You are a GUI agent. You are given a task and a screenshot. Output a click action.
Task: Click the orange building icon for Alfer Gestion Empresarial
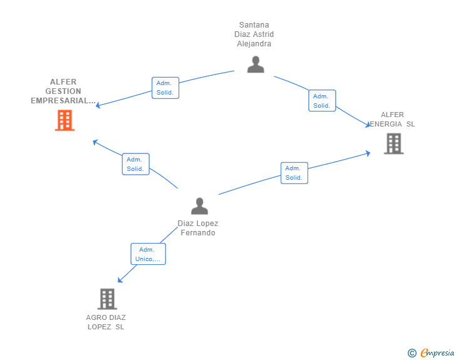(x=65, y=120)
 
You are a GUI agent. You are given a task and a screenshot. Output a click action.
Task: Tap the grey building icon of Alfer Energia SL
(x=393, y=143)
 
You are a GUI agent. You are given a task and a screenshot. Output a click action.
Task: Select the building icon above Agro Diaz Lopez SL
(x=107, y=299)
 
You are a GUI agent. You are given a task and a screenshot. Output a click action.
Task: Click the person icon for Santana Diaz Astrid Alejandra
(x=256, y=64)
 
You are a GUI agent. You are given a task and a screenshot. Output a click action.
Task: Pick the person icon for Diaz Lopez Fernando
(x=199, y=206)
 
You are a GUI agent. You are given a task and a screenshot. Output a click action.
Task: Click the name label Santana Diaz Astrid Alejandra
(x=254, y=34)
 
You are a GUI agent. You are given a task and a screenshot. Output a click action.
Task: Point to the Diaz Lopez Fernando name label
(x=198, y=228)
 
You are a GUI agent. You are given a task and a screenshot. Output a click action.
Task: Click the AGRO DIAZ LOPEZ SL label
(x=106, y=322)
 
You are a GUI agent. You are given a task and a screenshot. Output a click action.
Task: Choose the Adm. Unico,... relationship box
(x=148, y=254)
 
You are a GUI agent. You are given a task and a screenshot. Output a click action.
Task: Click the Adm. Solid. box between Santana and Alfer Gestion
(x=165, y=88)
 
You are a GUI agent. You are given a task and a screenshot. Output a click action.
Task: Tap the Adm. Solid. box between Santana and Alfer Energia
(x=322, y=101)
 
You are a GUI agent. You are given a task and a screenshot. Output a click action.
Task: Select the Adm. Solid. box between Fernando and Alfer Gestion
(x=135, y=164)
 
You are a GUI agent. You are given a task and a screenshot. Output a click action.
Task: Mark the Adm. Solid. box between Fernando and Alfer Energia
(x=294, y=173)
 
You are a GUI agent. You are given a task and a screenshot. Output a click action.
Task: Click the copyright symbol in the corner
(x=412, y=353)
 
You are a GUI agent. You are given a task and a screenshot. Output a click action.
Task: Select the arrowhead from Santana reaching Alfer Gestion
(x=98, y=105)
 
